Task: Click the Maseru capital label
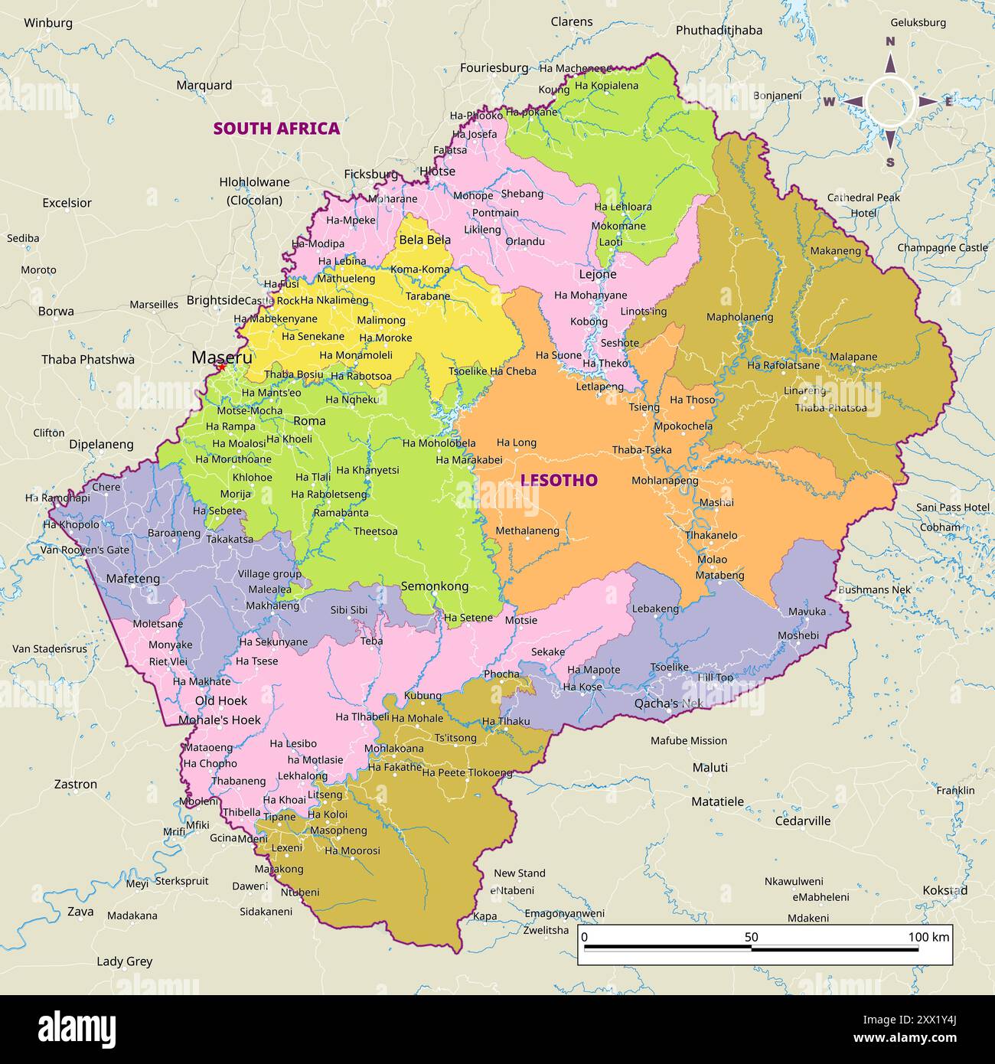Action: click(221, 357)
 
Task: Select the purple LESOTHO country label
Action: click(559, 480)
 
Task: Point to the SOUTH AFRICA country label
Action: click(276, 128)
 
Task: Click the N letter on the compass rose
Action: click(890, 41)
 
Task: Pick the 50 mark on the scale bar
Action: click(751, 937)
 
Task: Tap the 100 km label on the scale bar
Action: click(928, 937)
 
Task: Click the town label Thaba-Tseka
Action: click(641, 449)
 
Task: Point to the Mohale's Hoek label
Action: click(220, 720)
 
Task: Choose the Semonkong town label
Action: click(435, 586)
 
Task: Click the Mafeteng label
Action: click(133, 579)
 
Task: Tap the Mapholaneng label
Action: click(739, 317)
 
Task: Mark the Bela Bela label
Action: click(425, 240)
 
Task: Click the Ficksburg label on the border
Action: click(370, 174)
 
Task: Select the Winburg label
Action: click(48, 23)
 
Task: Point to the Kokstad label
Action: click(944, 890)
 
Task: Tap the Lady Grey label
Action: click(124, 961)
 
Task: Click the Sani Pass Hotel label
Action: click(953, 508)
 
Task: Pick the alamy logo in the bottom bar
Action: click(77, 1030)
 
